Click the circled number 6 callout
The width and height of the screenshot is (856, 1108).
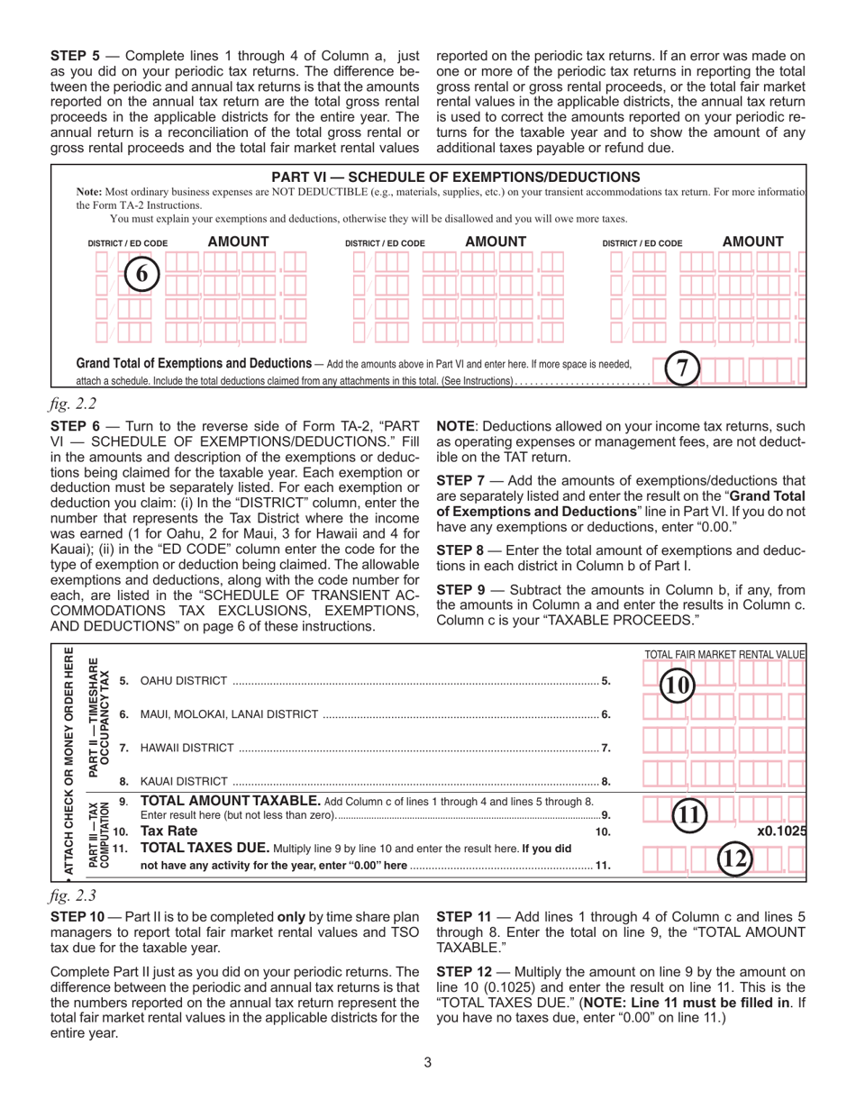pyautogui.click(x=141, y=273)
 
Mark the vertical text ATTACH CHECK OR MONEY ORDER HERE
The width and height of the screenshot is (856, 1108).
pyautogui.click(x=67, y=764)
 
